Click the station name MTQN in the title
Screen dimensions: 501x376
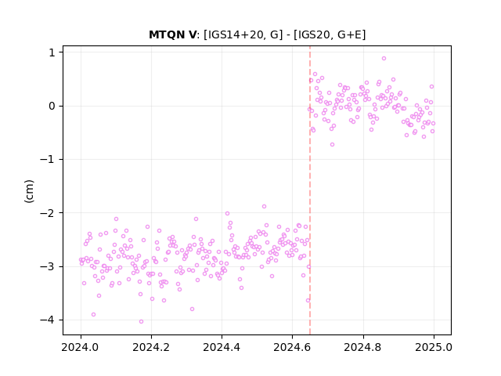pyautogui.click(x=168, y=34)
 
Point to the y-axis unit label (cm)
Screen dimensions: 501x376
pyautogui.click(x=29, y=191)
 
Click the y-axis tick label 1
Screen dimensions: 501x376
pyautogui.click(x=52, y=52)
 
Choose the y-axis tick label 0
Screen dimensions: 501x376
pyautogui.click(x=52, y=106)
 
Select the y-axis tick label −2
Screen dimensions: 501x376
pyautogui.click(x=48, y=212)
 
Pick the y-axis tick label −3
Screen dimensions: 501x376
pyautogui.click(x=48, y=266)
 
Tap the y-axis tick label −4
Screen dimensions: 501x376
pyautogui.click(x=48, y=320)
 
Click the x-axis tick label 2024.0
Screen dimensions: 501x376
pyautogui.click(x=81, y=347)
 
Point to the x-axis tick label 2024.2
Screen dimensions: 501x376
pyautogui.click(x=151, y=347)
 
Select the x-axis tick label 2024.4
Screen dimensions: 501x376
pyautogui.click(x=222, y=347)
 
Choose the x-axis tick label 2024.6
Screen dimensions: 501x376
pyautogui.click(x=292, y=347)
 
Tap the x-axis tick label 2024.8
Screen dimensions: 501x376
pyautogui.click(x=363, y=347)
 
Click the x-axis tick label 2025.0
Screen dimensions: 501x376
pyautogui.click(x=434, y=347)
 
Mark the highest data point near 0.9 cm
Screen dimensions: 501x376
pyautogui.click(x=384, y=59)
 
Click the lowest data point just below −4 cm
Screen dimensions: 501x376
pyautogui.click(x=141, y=322)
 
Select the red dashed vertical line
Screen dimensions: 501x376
pyautogui.click(x=310, y=190)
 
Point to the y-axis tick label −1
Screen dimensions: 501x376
pyautogui.click(x=48, y=159)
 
